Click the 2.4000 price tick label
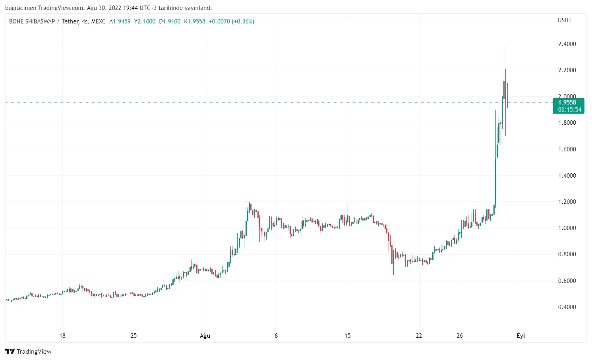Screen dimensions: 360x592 [567, 44]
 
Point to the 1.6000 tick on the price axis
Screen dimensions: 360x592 [567, 149]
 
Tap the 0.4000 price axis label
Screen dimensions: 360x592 [567, 307]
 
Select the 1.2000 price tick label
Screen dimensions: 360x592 [567, 202]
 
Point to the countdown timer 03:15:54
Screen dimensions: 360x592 [569, 110]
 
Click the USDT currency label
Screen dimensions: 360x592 [565, 20]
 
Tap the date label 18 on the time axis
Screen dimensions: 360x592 [62, 336]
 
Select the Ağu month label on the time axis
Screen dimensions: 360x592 [205, 336]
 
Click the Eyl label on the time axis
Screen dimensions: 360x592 [520, 336]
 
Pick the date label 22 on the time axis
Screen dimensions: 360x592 [419, 336]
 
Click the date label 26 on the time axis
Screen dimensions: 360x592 [460, 336]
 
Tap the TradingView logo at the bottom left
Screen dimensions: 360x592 [28, 351]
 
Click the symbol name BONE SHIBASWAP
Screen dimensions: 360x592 [32, 21]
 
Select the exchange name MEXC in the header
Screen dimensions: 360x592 [98, 21]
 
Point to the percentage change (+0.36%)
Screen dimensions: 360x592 [243, 21]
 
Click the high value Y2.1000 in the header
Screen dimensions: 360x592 [145, 21]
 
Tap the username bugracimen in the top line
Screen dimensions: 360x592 [21, 8]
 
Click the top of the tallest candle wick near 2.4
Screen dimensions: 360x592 [504, 46]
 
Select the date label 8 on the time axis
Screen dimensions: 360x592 [276, 336]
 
